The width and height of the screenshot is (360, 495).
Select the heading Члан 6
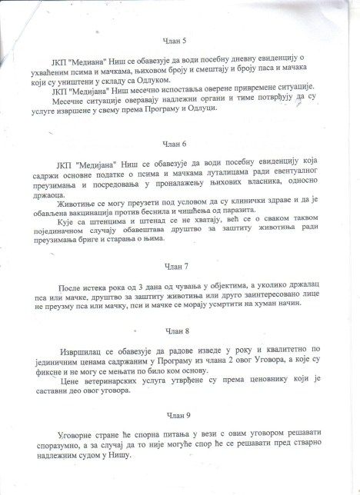(x=176, y=142)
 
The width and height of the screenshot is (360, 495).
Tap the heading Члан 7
(x=176, y=266)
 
